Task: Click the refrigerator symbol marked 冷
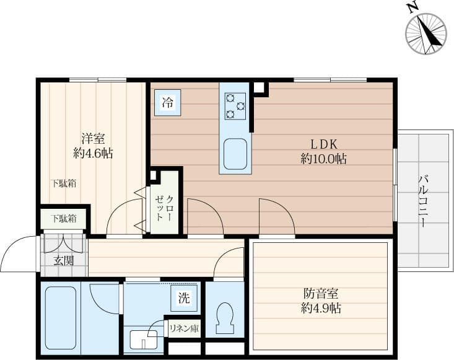[168, 102]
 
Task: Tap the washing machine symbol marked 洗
[185, 298]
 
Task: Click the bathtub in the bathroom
[61, 318]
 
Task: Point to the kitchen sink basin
[235, 154]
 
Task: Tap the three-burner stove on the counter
[235, 107]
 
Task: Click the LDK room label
[324, 144]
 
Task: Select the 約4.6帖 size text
[93, 153]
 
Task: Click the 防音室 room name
[321, 294]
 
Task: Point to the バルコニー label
[423, 201]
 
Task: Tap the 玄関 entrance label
[64, 261]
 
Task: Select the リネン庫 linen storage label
[184, 329]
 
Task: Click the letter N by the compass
[414, 9]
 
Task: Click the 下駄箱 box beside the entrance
[64, 219]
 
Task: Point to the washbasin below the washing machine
[143, 340]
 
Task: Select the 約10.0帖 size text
[323, 159]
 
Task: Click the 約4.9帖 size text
[321, 309]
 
